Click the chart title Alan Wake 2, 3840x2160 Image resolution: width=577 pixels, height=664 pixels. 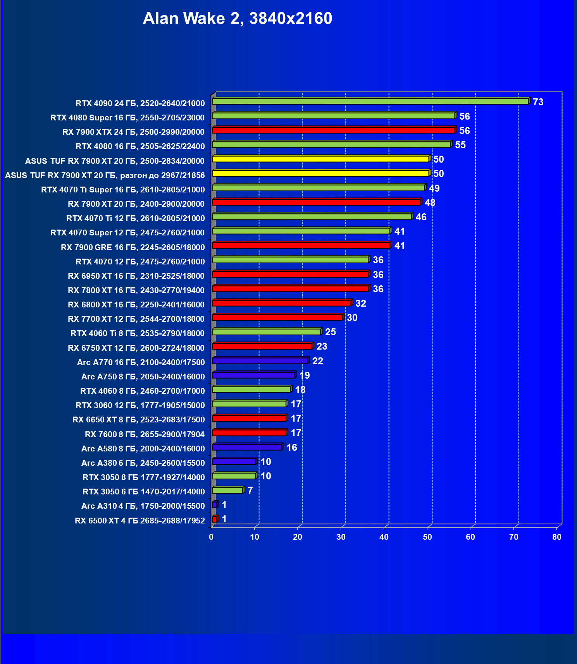pos(237,19)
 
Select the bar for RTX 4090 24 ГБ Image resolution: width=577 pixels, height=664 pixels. pos(370,101)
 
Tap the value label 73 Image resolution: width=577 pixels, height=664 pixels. pos(538,102)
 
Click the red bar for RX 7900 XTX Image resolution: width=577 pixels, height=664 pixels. pos(333,130)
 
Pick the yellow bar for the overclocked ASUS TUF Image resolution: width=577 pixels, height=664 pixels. pos(320,173)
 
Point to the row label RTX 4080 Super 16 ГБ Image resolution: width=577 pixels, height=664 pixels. pos(127,118)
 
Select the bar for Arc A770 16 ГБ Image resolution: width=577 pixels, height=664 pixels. pos(260,361)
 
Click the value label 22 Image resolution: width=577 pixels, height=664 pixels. pos(317,361)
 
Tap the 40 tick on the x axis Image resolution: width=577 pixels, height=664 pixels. pos(384,537)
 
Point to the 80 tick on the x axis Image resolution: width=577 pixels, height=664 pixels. pos(557,537)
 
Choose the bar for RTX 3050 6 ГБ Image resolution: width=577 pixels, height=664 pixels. pos(227,491)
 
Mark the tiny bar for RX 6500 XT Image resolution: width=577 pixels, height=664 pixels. pos(215,519)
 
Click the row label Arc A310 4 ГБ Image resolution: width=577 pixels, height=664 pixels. pos(143,506)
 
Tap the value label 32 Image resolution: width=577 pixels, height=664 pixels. pos(360,304)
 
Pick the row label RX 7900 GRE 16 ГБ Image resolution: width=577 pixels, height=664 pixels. pos(133,247)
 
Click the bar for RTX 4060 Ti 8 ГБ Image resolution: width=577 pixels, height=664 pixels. pos(267,332)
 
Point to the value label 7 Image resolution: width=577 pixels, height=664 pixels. pos(250,491)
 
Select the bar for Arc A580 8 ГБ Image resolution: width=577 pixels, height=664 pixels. pos(247,447)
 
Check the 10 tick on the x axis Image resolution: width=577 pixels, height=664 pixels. pos(255,537)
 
